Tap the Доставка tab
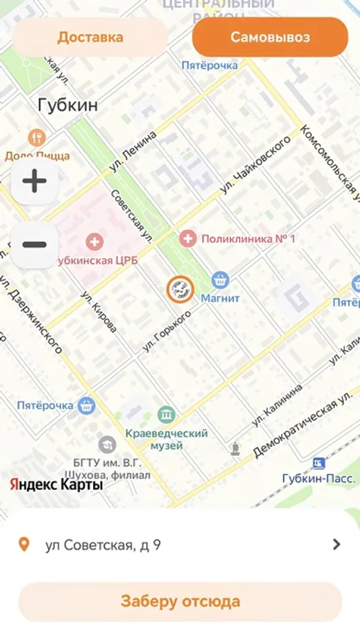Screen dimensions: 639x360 [90, 37]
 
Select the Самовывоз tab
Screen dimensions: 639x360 [270, 37]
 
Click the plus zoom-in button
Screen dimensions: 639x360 [34, 181]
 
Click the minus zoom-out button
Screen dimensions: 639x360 [34, 245]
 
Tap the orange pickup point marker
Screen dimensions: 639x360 [180, 289]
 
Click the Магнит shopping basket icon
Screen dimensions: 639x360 [220, 280]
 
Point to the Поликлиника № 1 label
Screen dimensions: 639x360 [248, 239]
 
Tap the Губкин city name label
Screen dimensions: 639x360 [67, 106]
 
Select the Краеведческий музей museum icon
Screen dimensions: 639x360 [167, 414]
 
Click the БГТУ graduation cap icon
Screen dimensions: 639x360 [107, 444]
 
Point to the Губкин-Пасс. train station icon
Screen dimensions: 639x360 [319, 463]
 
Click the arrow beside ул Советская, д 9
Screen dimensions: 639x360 [337, 545]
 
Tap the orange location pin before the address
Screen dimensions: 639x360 [24, 545]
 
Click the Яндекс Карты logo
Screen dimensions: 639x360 [56, 485]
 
